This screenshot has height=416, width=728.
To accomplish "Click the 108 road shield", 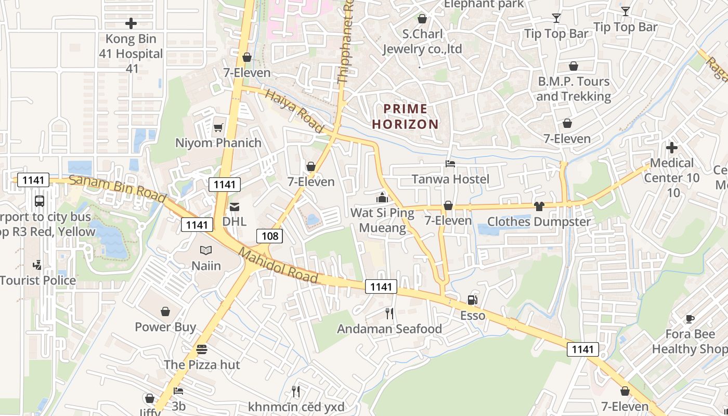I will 270,236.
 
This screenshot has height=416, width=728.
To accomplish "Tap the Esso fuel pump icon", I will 472,300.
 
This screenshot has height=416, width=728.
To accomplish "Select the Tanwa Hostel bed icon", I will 450,164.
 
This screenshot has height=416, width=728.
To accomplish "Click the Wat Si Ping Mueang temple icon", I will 382,198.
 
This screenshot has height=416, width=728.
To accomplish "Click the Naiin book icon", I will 206,251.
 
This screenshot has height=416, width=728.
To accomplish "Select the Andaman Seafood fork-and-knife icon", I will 389,313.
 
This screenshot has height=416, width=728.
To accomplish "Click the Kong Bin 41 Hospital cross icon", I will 131,23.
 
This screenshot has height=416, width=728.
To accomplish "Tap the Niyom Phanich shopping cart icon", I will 218,127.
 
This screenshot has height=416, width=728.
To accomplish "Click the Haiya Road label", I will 294,110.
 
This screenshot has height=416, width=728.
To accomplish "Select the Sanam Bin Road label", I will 118,189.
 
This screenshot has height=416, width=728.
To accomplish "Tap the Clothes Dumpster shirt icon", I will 539,206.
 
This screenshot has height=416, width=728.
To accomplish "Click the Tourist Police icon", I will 37,265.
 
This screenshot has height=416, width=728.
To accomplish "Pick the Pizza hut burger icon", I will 202,349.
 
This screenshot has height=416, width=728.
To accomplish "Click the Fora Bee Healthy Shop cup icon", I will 690,319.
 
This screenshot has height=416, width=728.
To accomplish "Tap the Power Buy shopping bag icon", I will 165,311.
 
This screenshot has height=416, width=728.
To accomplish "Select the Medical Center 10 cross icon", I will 672,148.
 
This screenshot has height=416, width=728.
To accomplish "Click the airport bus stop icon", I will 39,201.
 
